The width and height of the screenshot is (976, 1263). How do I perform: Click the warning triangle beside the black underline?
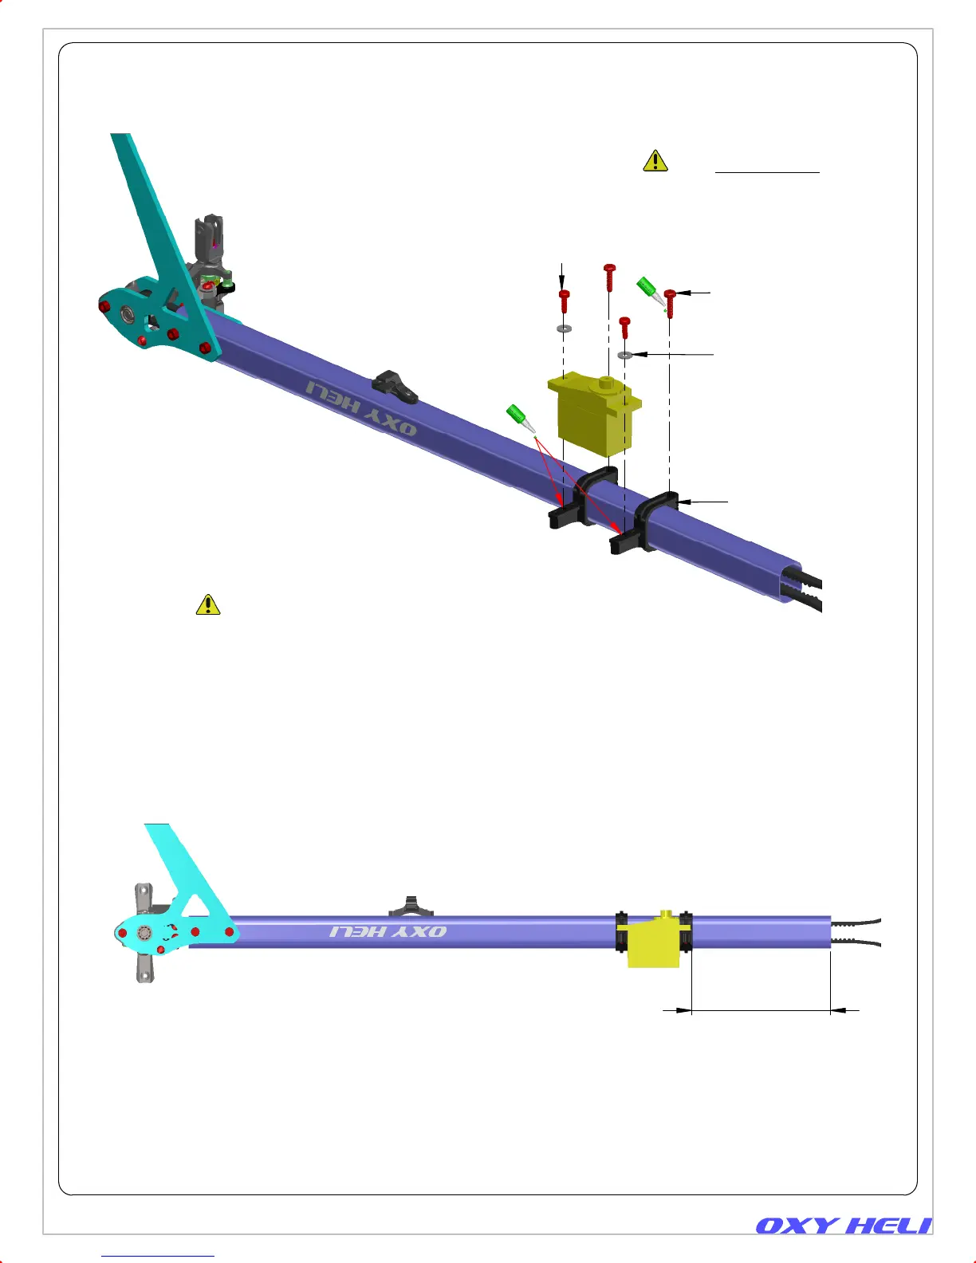coord(655,160)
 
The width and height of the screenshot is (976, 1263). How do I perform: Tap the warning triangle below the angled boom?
coord(208,604)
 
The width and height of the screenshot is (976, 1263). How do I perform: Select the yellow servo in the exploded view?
coord(594,414)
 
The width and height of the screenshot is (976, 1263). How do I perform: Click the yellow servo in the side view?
coord(653,939)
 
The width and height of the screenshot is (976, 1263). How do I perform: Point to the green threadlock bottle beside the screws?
coord(651,292)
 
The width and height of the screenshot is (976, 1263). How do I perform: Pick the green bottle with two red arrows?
coord(521,419)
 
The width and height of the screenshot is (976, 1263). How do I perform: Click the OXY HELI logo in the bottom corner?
coord(844,1226)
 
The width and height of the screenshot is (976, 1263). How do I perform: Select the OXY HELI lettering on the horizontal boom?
coord(388,932)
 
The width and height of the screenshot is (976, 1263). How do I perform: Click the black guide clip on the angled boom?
coord(395,387)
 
